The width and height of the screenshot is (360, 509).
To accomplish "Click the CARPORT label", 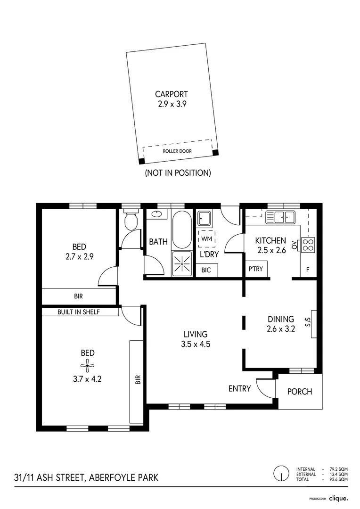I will coord(172,94).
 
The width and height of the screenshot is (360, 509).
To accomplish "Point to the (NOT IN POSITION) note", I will coord(178,173).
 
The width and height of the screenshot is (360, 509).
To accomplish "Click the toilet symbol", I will coord(130,221).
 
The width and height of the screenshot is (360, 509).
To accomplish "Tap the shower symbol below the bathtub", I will coord(181,263).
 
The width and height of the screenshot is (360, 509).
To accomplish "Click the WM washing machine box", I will coord(206,239).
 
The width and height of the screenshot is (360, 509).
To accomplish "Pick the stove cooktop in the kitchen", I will coord(308,244).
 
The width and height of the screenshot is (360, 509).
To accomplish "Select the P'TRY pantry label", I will coord(255,269).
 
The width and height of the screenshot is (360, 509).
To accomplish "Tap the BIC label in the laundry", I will coord(206,270).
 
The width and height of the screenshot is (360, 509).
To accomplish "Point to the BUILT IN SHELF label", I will coord(78,312).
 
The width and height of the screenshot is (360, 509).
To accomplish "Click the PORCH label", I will coord(300,392).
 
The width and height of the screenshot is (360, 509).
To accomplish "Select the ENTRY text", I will coord(240,389).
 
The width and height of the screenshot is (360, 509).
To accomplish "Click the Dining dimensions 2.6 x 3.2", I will coord(281,329).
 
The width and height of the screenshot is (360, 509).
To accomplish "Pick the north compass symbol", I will coord(281,473).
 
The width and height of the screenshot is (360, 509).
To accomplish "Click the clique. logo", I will coord(338,498).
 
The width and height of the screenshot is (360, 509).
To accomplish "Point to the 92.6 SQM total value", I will coord(339,479).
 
